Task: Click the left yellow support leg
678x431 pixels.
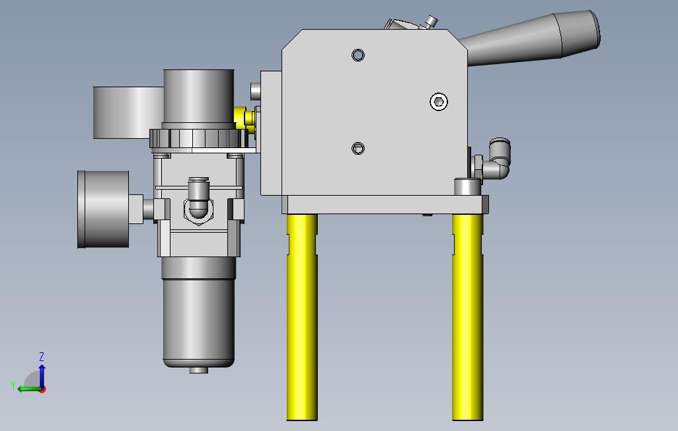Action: [x=301, y=317]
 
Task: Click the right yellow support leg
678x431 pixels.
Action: [x=467, y=317]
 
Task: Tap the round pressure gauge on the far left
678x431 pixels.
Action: [x=103, y=209]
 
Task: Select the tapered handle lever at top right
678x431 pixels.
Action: [x=535, y=40]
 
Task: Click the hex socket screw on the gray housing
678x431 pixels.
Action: [x=438, y=101]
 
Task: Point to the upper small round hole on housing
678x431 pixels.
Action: [x=358, y=55]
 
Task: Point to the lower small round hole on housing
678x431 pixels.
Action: [x=358, y=148]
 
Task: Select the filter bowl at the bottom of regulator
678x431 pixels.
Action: [x=198, y=311]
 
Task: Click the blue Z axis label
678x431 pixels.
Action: [x=42, y=357]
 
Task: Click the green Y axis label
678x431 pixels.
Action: [x=13, y=385]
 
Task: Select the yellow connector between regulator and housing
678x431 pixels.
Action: [x=247, y=119]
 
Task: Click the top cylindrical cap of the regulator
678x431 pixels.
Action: [x=198, y=96]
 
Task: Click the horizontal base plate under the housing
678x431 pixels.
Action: [x=387, y=204]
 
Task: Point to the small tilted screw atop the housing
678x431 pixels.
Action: [x=432, y=21]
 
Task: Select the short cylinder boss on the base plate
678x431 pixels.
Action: [x=467, y=186]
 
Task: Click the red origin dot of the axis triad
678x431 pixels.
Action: [x=42, y=389]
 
